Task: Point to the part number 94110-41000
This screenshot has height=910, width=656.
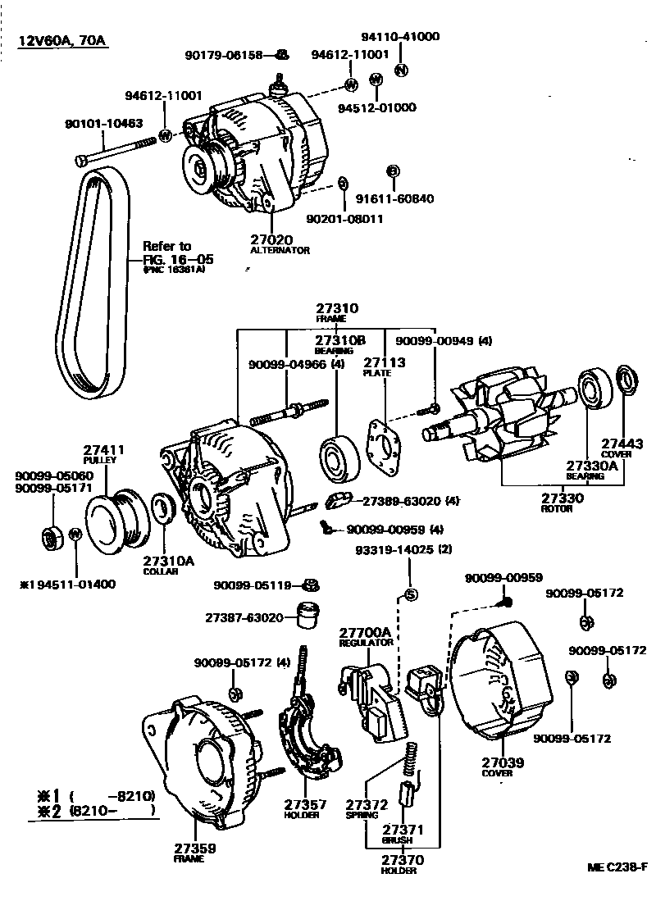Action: (400, 37)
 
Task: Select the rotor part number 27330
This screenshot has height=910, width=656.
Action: (561, 498)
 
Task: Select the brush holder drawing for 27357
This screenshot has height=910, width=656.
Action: (308, 738)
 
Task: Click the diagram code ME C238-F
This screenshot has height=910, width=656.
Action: (617, 867)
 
